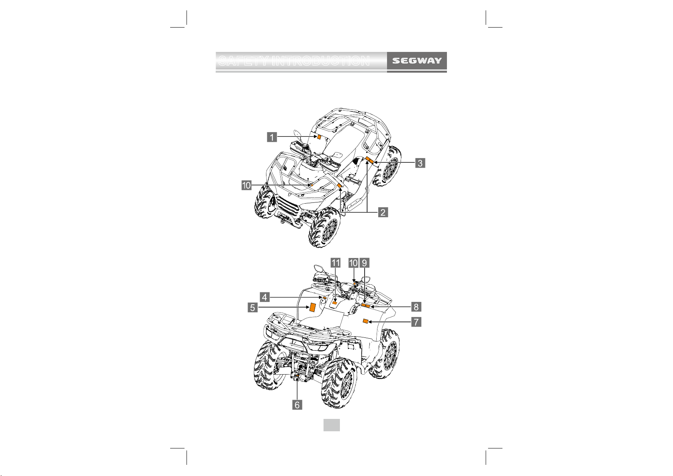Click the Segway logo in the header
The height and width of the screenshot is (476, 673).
tap(417, 61)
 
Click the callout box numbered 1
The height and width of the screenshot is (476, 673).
tap(272, 137)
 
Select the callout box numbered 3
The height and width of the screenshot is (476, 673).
tap(420, 163)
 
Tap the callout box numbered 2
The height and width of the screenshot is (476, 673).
tap(383, 212)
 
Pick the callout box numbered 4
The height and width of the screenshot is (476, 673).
tap(265, 297)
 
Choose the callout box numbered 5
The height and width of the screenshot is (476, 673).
tap(253, 307)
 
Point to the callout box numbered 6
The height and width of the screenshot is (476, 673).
tap(297, 405)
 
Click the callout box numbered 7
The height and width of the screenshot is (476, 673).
tap(416, 322)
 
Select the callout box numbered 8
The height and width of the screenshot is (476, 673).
tap(416, 307)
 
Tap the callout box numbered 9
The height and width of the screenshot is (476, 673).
tap(364, 263)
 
